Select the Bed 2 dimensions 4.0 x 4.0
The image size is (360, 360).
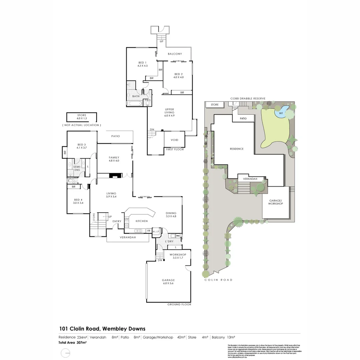pos(178,77)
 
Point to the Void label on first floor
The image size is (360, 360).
pos(174,140)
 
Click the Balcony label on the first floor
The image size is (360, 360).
pos(175,54)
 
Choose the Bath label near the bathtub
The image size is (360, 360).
pos(136,96)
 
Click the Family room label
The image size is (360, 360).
pos(114,157)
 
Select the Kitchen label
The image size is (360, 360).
pos(141,221)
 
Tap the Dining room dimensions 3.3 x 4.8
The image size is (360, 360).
pos(171,216)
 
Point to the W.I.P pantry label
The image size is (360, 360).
pos(156,231)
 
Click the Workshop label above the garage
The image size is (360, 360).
pos(177,255)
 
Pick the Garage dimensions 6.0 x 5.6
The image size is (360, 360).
pos(168,283)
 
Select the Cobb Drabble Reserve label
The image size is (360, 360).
pos(248,99)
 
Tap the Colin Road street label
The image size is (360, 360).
pos(219,280)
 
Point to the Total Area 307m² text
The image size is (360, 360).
pos(73,342)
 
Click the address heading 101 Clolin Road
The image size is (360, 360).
pos(102,329)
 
